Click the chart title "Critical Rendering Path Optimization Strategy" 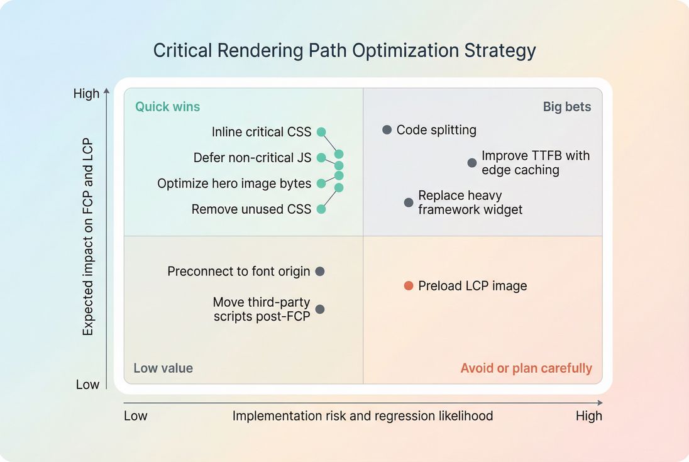[x=344, y=50]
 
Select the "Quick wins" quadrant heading [x=167, y=106]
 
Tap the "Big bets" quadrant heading [x=566, y=106]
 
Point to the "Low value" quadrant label [x=163, y=368]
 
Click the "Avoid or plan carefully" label [x=526, y=368]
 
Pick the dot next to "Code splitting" [x=387, y=129]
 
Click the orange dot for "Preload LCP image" [x=409, y=286]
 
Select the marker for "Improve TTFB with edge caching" [x=472, y=163]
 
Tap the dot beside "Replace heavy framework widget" [x=409, y=202]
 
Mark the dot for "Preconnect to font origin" [x=320, y=272]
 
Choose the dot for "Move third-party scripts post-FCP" [x=320, y=309]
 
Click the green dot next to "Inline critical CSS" [x=321, y=132]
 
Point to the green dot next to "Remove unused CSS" [x=321, y=209]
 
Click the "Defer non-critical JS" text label [x=252, y=158]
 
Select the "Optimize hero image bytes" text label [x=234, y=184]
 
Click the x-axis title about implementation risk [x=363, y=415]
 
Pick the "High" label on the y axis [x=86, y=94]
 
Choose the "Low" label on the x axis [x=135, y=415]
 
